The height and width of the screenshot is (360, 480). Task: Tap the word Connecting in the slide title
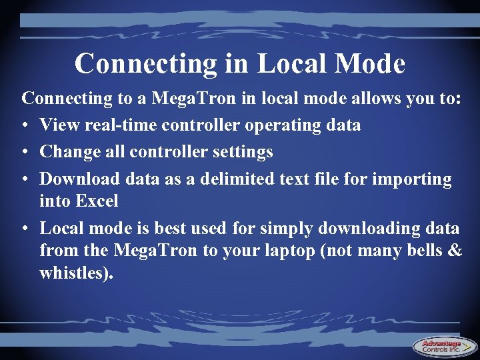(145, 65)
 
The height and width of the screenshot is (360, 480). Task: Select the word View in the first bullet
(58, 125)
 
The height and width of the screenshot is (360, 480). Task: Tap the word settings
(243, 153)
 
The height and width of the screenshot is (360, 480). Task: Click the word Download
(79, 179)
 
